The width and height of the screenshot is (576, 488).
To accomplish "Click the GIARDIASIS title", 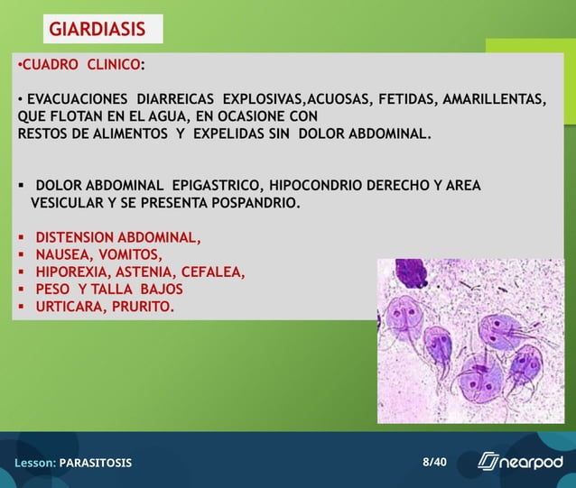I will tap(97, 29).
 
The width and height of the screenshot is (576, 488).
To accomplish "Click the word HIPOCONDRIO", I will tap(315, 186).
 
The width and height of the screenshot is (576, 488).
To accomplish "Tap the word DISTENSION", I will tap(74, 238).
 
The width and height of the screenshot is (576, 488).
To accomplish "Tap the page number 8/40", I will tap(434, 462).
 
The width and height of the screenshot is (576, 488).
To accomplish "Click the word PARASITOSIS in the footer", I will tap(96, 463).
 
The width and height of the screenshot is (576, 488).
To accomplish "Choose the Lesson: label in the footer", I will tap(35, 463).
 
